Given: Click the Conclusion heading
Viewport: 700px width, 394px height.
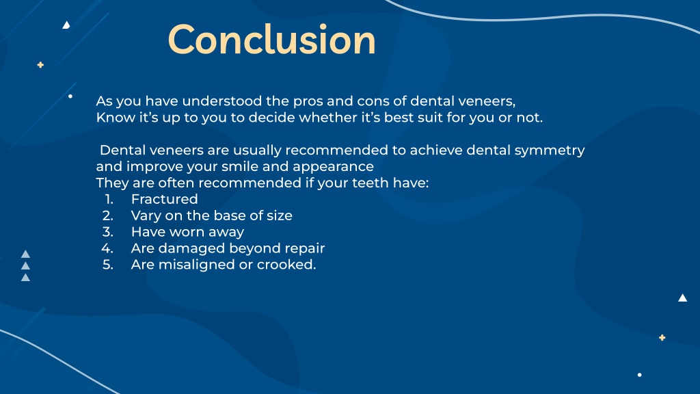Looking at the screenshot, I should point(271,40).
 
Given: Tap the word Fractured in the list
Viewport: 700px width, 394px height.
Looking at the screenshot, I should point(164,199).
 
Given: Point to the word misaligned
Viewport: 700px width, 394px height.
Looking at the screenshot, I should point(196,265).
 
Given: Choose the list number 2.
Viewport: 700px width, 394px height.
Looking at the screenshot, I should point(107,215).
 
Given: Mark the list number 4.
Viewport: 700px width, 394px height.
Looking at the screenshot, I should point(107,248).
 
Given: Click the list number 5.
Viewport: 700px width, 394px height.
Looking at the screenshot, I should point(107,265).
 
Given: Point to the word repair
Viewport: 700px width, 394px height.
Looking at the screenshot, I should point(304,248).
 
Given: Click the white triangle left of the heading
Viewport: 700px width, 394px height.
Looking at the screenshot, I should point(66,25).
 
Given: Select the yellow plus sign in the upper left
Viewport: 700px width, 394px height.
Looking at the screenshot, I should point(40,65).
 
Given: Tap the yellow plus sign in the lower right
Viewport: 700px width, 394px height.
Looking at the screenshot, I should point(662,337).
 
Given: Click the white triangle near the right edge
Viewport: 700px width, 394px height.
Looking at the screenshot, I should point(682,298).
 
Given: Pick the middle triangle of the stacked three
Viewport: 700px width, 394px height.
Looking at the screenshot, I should point(25,265).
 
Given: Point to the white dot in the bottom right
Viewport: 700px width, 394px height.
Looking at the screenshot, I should point(639,375).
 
